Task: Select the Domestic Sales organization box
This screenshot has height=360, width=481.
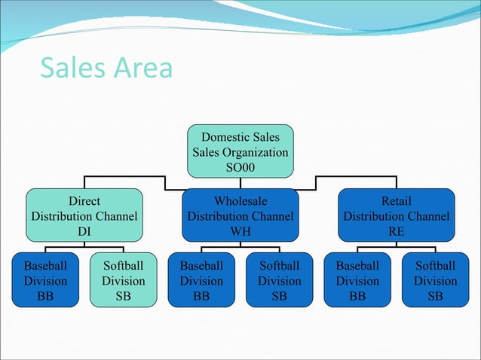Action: tap(240, 151)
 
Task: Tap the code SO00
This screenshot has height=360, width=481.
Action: tap(240, 166)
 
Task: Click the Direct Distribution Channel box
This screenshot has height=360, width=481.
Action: tap(84, 216)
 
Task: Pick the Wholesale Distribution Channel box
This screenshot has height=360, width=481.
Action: tap(240, 216)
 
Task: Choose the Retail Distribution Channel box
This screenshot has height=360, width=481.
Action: tap(396, 216)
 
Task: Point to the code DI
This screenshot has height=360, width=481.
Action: tap(84, 231)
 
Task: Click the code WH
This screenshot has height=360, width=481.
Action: tap(240, 231)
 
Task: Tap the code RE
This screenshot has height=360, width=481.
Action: tap(396, 231)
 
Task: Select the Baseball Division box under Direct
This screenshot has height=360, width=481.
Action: tap(44, 281)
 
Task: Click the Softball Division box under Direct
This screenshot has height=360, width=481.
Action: tap(123, 281)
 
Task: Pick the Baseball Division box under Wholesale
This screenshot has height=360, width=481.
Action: tap(201, 281)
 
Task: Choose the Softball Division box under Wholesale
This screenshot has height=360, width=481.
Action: tap(279, 281)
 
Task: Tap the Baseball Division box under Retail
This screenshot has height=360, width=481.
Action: tap(357, 281)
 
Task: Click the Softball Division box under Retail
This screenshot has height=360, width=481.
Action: tap(435, 281)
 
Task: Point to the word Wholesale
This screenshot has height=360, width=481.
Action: tap(240, 202)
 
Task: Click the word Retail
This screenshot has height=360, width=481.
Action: tap(396, 202)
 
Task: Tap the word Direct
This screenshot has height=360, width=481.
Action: tap(84, 202)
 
